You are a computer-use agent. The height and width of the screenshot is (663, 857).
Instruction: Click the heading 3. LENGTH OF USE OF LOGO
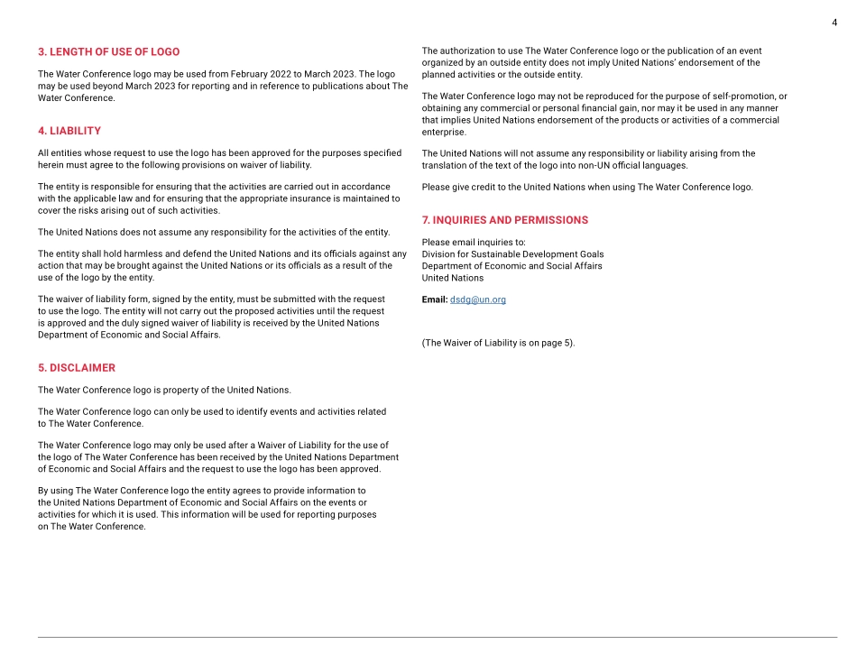(x=108, y=51)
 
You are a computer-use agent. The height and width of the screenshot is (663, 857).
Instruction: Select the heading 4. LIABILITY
(x=69, y=131)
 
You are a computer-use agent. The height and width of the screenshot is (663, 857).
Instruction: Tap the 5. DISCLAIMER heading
(x=77, y=368)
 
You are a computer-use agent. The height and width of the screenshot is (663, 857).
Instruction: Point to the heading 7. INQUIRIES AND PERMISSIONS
(x=504, y=220)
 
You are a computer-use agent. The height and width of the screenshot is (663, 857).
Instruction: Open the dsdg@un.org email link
(x=478, y=299)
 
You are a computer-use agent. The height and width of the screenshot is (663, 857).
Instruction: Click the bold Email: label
(x=435, y=299)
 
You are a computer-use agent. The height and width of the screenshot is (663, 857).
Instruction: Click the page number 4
(x=834, y=22)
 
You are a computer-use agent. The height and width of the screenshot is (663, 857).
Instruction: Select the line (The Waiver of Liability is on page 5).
(x=498, y=343)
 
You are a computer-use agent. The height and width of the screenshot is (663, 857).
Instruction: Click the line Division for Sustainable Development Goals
(x=512, y=254)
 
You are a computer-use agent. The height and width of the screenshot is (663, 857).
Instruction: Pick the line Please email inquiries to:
(x=474, y=243)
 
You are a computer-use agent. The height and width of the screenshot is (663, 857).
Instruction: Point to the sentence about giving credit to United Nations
(x=587, y=188)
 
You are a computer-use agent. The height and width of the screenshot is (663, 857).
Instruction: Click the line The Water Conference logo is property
(x=164, y=390)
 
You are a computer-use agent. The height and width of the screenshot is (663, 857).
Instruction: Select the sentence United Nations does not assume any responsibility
(x=214, y=232)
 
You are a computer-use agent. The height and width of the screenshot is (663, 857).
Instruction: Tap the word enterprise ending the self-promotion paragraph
(x=444, y=132)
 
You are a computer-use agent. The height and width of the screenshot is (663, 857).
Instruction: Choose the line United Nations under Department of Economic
(x=453, y=278)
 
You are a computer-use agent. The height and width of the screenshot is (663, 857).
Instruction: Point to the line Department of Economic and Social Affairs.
(x=511, y=266)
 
